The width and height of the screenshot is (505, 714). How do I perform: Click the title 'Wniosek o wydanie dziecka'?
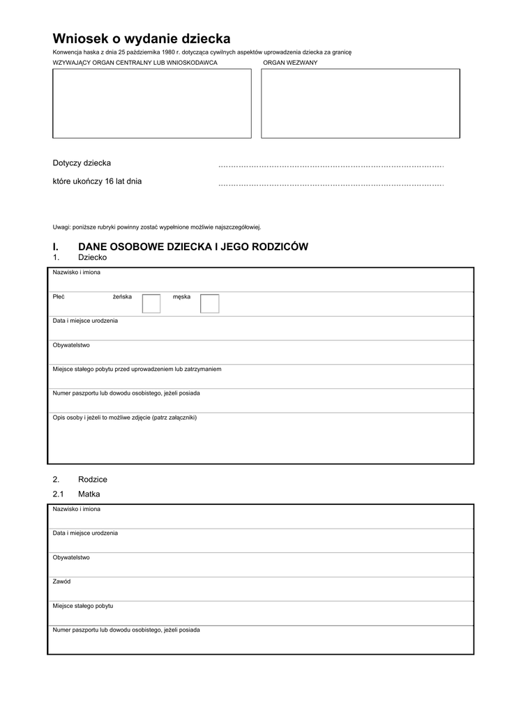(x=141, y=39)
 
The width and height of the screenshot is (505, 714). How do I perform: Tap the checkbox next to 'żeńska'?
(x=151, y=303)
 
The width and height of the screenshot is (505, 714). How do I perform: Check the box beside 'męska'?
(x=209, y=303)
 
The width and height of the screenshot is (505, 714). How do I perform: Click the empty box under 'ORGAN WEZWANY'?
(x=360, y=103)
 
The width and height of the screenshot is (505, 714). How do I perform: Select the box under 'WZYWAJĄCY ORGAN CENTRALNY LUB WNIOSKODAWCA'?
(x=152, y=103)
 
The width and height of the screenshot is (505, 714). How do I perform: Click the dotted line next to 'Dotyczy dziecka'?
(x=331, y=166)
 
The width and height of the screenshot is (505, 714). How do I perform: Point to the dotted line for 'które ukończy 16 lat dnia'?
(x=331, y=184)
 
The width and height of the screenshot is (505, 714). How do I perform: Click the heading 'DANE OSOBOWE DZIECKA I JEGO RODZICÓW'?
(x=193, y=247)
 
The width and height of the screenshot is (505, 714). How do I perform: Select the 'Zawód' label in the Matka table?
(x=61, y=582)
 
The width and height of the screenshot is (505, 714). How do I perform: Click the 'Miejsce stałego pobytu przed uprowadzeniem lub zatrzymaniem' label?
(x=137, y=369)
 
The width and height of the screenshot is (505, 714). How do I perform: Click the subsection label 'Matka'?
(x=89, y=494)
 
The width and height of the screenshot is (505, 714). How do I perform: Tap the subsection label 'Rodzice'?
(x=93, y=480)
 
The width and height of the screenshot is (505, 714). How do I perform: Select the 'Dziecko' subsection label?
(x=92, y=257)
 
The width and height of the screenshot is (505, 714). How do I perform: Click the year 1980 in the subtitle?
(x=168, y=52)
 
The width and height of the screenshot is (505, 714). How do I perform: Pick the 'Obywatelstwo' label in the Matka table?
(x=71, y=557)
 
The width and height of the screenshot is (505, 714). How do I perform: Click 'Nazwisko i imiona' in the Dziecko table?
(x=76, y=273)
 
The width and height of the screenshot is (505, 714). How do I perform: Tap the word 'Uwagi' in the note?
(x=61, y=227)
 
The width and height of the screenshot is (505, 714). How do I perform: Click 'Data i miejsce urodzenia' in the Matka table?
(x=85, y=533)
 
